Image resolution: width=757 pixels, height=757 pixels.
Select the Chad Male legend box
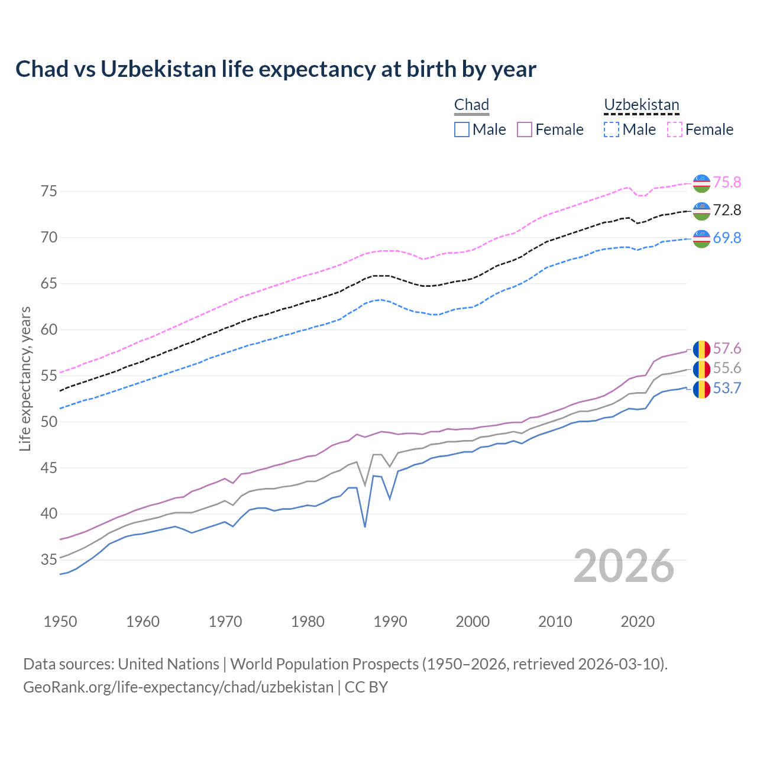click(462, 130)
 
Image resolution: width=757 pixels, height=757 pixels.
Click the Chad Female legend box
click(525, 130)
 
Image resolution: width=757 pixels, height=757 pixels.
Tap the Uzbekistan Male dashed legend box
click(612, 130)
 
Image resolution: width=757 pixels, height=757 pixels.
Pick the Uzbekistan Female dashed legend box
click(675, 130)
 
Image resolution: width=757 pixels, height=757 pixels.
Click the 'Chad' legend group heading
click(471, 105)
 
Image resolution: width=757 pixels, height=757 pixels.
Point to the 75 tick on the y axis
click(48, 191)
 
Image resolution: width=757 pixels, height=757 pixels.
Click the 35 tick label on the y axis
click(48, 559)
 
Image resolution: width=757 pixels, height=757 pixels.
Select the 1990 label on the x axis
click(390, 622)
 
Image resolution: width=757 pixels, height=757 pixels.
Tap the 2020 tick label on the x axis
click(638, 622)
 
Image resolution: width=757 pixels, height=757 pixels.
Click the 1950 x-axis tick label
click(60, 622)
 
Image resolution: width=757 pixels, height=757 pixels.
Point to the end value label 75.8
click(727, 182)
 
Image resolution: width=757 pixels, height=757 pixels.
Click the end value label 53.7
click(727, 389)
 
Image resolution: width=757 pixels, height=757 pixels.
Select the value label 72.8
click(727, 210)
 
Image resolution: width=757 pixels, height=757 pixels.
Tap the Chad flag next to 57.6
click(701, 349)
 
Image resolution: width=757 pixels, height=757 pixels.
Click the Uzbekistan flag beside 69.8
click(701, 238)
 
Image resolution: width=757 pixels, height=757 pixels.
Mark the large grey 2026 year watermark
click(624, 566)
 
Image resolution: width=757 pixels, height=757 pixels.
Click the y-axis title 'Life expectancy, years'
click(25, 378)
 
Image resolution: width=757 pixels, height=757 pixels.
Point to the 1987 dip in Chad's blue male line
click(365, 526)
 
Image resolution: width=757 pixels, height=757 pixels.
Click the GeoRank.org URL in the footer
click(178, 687)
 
